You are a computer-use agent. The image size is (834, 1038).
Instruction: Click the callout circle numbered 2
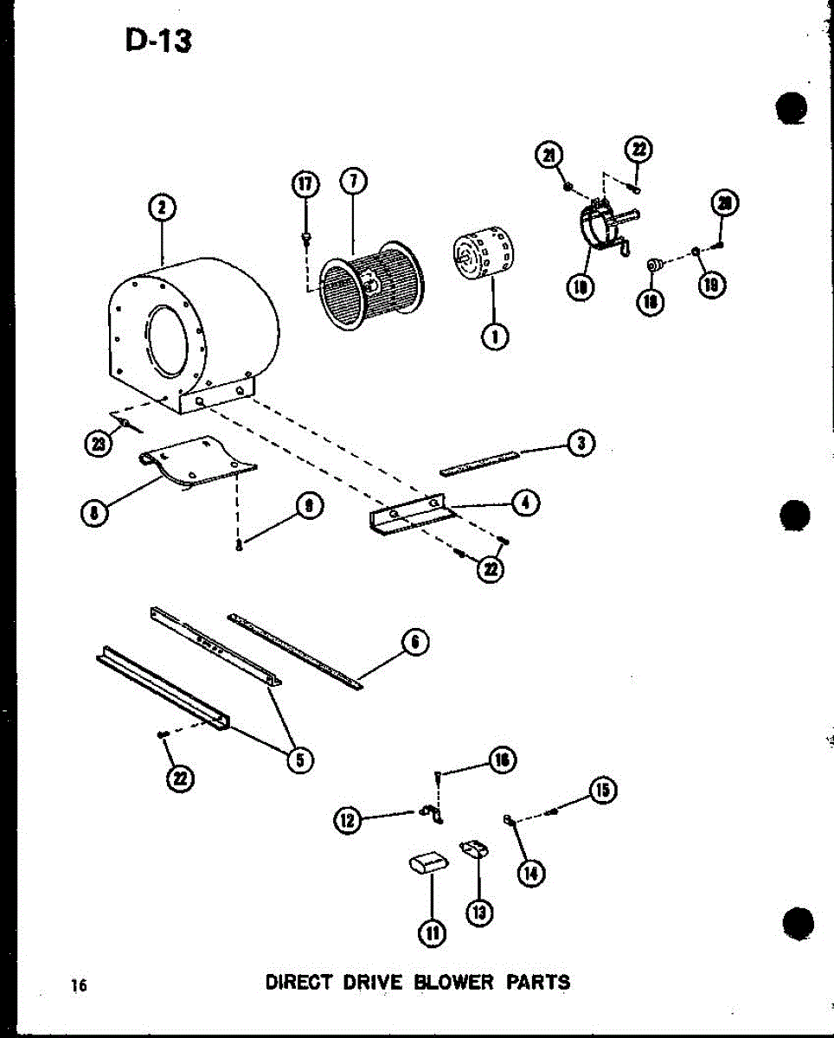[x=160, y=208]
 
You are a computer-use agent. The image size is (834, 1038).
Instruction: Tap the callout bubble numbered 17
[x=305, y=185]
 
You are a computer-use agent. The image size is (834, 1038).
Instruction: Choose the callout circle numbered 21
[x=549, y=155]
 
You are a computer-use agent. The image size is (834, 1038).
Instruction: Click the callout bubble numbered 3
[x=581, y=443]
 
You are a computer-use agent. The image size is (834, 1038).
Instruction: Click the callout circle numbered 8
[x=93, y=512]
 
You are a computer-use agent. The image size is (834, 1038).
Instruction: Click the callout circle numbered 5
[x=298, y=760]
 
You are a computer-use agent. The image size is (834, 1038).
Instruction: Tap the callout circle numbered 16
[x=501, y=760]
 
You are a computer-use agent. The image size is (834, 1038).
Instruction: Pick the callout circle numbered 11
[x=432, y=931]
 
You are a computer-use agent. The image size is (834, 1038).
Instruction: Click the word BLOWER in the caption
[x=452, y=983]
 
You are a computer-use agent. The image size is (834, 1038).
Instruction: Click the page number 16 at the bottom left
[x=80, y=985]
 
